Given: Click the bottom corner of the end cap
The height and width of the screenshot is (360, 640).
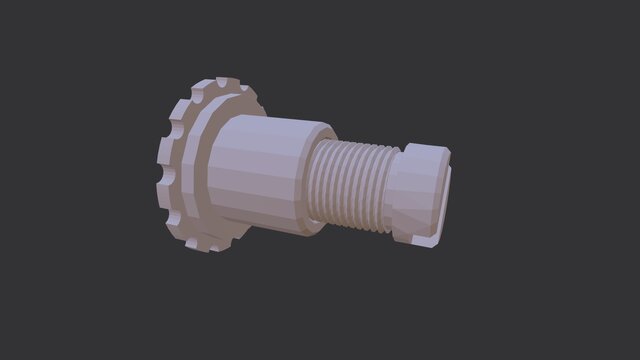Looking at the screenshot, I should [424, 241].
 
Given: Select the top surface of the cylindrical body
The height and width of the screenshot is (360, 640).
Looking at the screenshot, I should [270, 125].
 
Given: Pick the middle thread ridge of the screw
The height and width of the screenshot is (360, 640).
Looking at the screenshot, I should [350, 186].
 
